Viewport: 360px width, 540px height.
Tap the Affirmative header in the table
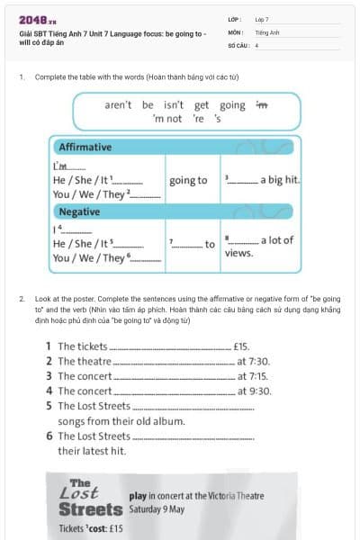pyautogui.click(x=85, y=147)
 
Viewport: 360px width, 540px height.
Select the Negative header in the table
pyautogui.click(x=79, y=211)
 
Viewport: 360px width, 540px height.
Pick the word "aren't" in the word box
pyautogui.click(x=118, y=104)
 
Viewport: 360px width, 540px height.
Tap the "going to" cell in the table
pyautogui.click(x=188, y=180)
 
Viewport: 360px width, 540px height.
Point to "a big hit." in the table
pyautogui.click(x=280, y=180)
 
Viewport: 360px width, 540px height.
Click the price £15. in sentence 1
pyautogui.click(x=240, y=346)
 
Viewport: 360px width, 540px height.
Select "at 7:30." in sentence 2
pyautogui.click(x=253, y=361)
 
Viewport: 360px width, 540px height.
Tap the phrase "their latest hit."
pyautogui.click(x=92, y=451)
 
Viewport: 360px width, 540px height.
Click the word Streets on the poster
pyautogui.click(x=89, y=509)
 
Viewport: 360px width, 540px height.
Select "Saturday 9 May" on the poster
pyautogui.click(x=158, y=508)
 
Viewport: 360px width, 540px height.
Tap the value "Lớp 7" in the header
pyautogui.click(x=262, y=18)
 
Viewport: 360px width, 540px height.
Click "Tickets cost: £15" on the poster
pyautogui.click(x=91, y=528)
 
